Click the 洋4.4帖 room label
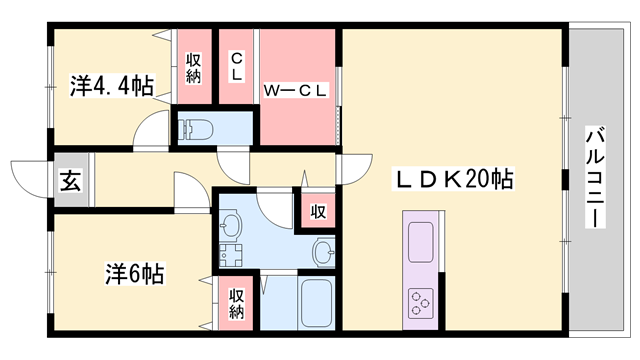[x=111, y=87]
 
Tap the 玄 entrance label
[x=70, y=183]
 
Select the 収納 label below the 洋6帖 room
[x=237, y=303]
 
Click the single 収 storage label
[x=318, y=211]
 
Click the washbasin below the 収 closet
[x=323, y=250]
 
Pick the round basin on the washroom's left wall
[x=231, y=225]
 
